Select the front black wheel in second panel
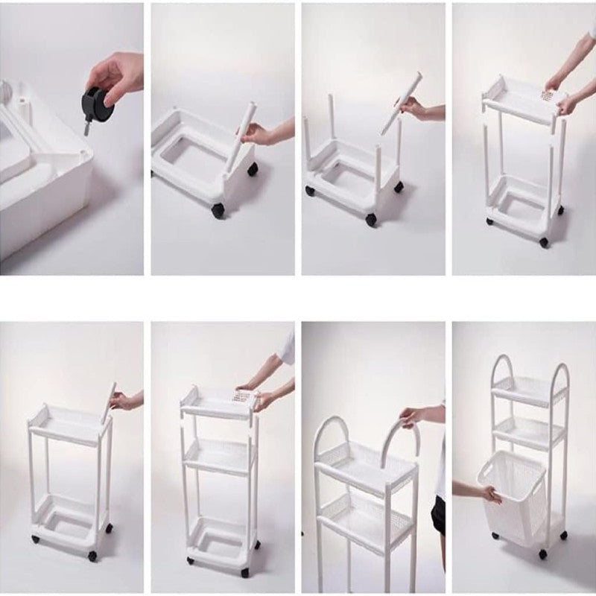pyautogui.click(x=218, y=210)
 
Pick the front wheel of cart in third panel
pyautogui.click(x=371, y=219)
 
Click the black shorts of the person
pyautogui.click(x=439, y=514)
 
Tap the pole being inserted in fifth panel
pyautogui.click(x=109, y=402)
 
